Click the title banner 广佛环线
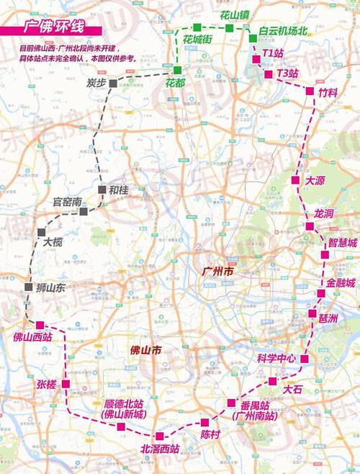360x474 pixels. coord(54,30)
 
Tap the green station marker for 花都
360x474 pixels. coord(177,69)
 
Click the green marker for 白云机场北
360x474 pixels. coord(253,38)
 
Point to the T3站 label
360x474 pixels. coord(287,73)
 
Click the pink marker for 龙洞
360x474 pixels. coord(310,226)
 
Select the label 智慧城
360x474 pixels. coord(342,243)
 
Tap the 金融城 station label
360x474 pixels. coord(341,283)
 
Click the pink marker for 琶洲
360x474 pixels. coord(312,314)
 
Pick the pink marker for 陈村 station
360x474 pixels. coord(205,422)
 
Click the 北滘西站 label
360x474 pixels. coord(160,450)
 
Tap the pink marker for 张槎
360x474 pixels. coord(66,384)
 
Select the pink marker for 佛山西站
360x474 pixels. coord(40,325)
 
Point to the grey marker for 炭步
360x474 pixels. coord(114,84)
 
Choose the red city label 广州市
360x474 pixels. coord(218,272)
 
